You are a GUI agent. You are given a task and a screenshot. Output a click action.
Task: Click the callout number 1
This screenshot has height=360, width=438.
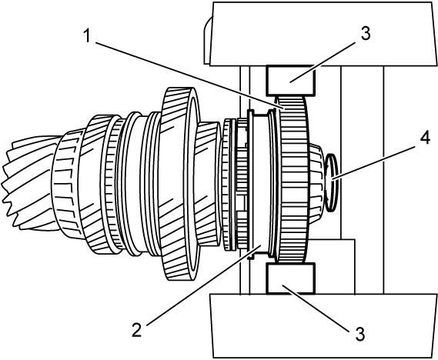[88, 35]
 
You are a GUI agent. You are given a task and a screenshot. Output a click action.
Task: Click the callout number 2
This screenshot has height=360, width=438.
[136, 329]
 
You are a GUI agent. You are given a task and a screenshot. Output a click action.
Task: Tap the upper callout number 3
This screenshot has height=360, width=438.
[365, 34]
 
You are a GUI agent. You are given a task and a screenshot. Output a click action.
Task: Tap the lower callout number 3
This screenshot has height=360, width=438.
[360, 334]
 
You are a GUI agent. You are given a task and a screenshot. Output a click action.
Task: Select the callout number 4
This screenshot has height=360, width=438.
[425, 138]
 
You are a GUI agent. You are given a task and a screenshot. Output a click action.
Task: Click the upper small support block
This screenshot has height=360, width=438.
[290, 81]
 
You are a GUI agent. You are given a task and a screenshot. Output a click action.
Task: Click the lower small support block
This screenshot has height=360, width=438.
[290, 278]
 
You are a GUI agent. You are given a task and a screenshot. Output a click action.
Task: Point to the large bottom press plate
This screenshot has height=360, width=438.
[323, 326]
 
